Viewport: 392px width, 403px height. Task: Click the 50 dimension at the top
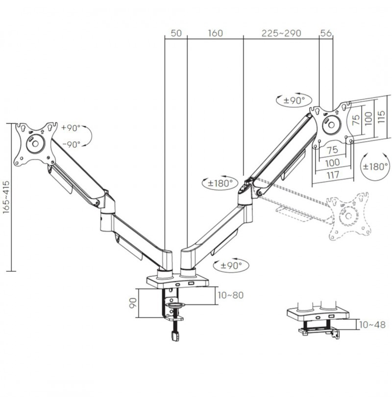176,33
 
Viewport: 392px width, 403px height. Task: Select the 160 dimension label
215,33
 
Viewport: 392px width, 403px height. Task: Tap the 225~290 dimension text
281,33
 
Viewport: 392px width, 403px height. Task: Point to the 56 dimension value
326,33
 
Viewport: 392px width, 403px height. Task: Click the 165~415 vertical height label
6,197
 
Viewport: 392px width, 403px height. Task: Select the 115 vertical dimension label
381,117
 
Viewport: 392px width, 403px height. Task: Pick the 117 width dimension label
333,175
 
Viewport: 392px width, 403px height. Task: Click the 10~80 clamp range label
230,295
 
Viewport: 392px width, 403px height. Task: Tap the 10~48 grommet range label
372,325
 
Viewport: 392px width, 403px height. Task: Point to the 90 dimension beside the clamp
133,303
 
